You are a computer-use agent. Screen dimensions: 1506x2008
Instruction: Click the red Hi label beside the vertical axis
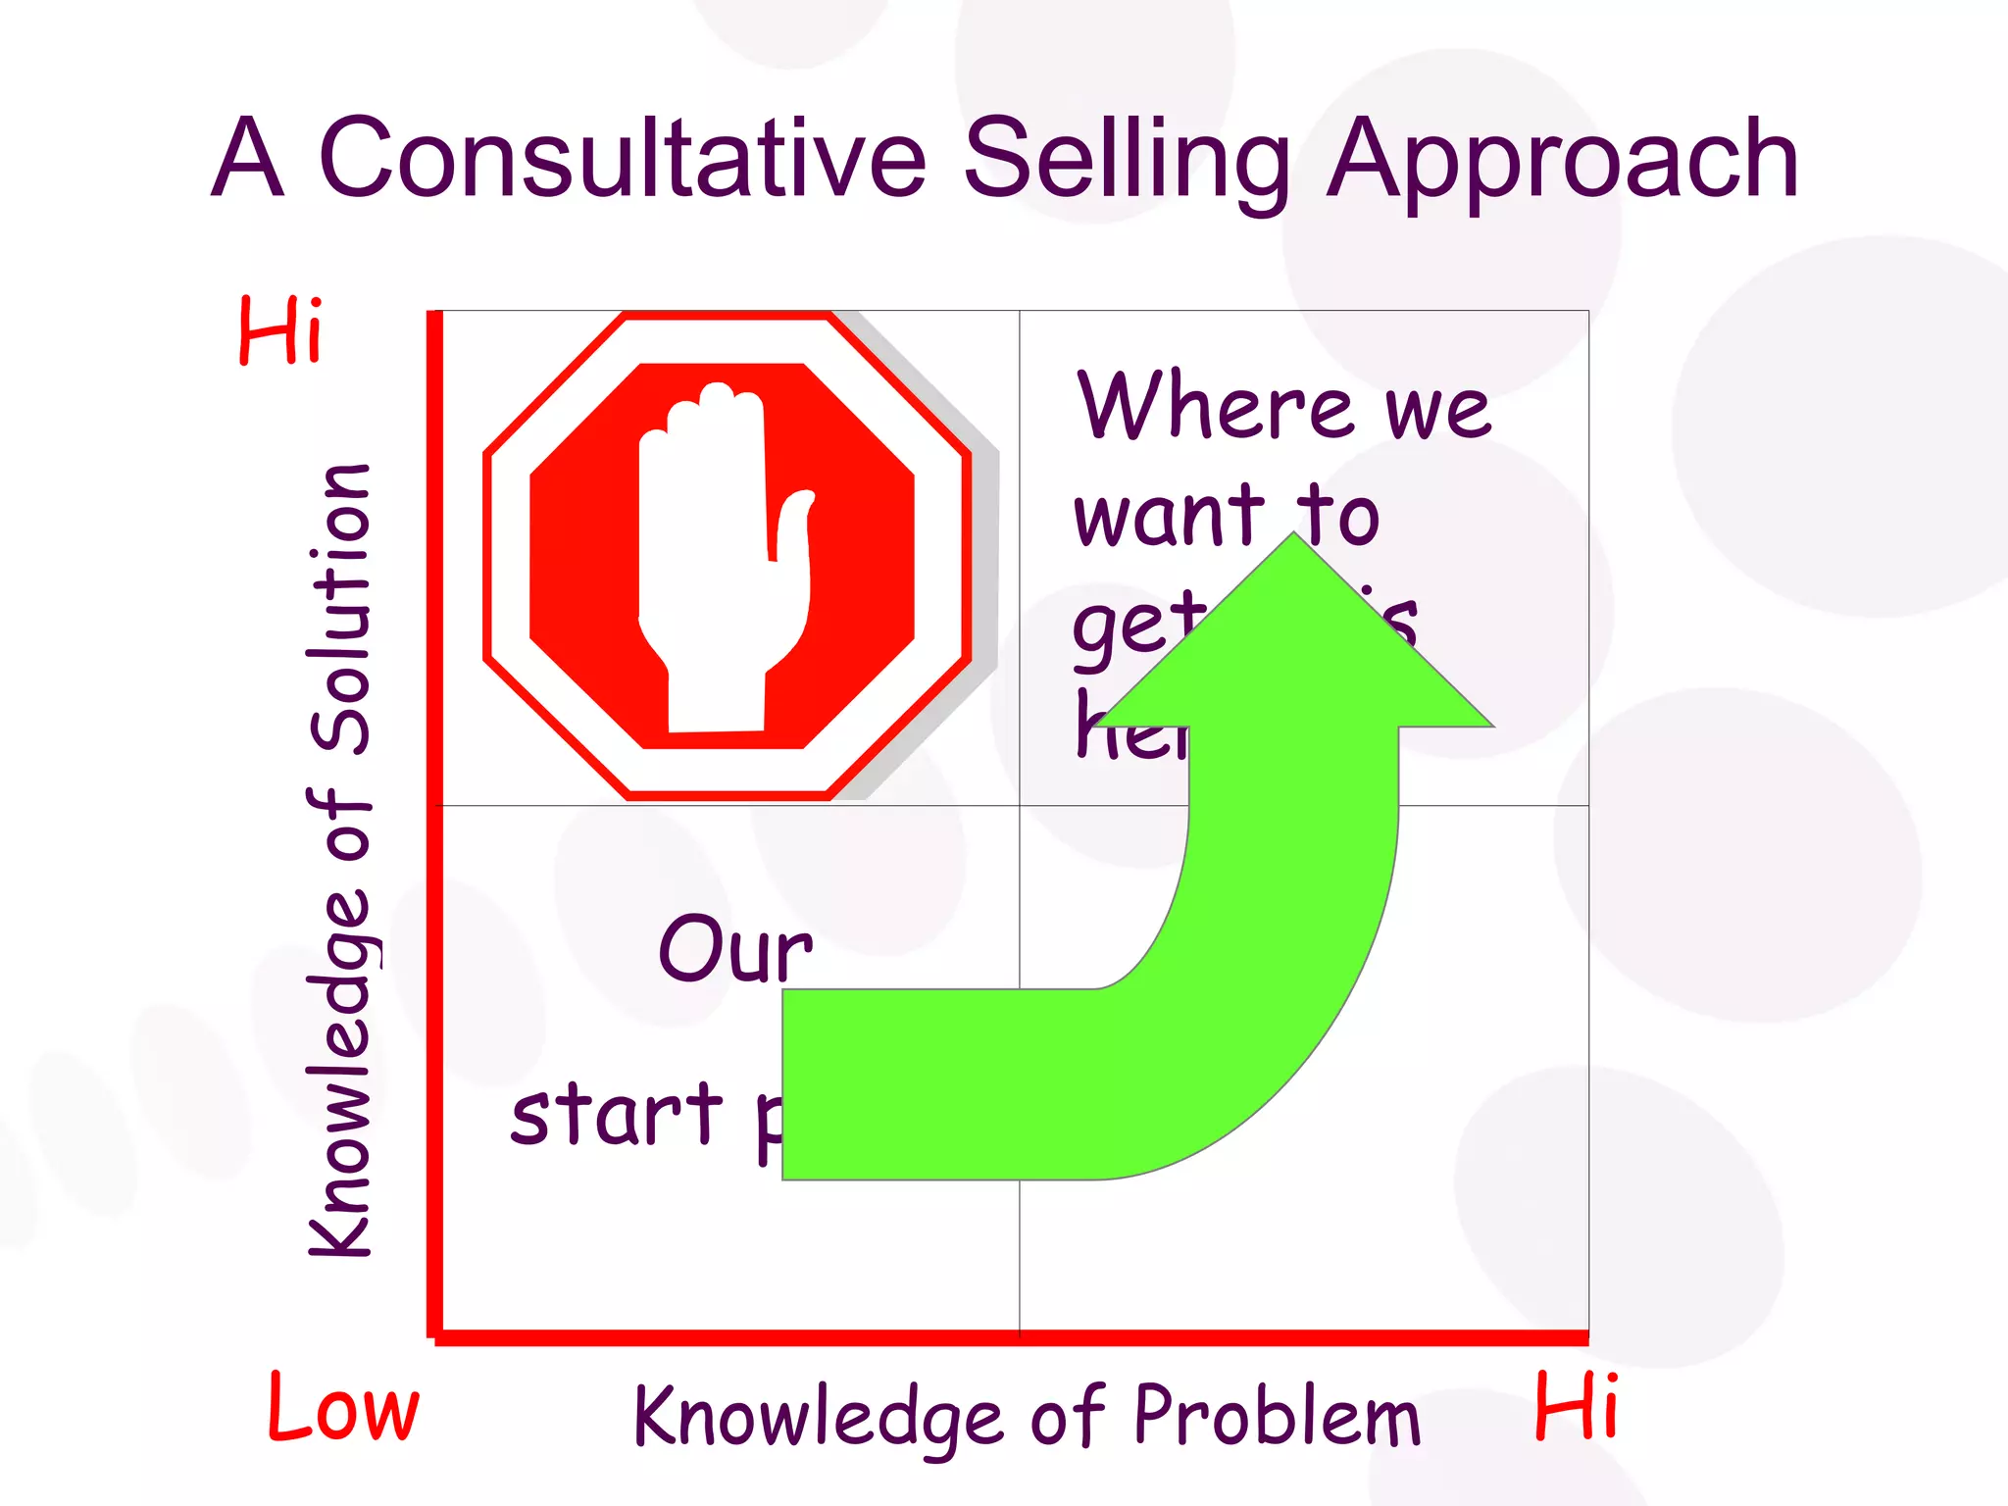(x=279, y=330)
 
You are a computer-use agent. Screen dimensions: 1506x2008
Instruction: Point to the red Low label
(x=343, y=1408)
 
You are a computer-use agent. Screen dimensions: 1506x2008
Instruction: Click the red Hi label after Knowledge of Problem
(x=1576, y=1406)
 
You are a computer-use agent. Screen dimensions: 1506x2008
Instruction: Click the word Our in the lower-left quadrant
(x=735, y=948)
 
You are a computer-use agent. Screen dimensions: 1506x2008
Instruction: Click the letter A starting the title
(x=248, y=159)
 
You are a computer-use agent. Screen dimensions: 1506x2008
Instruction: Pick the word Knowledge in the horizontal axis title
(x=819, y=1417)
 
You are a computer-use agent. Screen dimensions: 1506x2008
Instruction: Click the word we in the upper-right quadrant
(x=1437, y=410)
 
